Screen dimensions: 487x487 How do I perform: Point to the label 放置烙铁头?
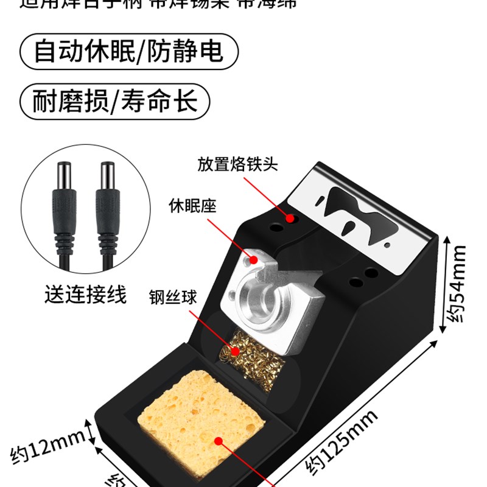(x=237, y=164)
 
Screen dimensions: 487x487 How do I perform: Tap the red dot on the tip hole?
(x=291, y=218)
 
